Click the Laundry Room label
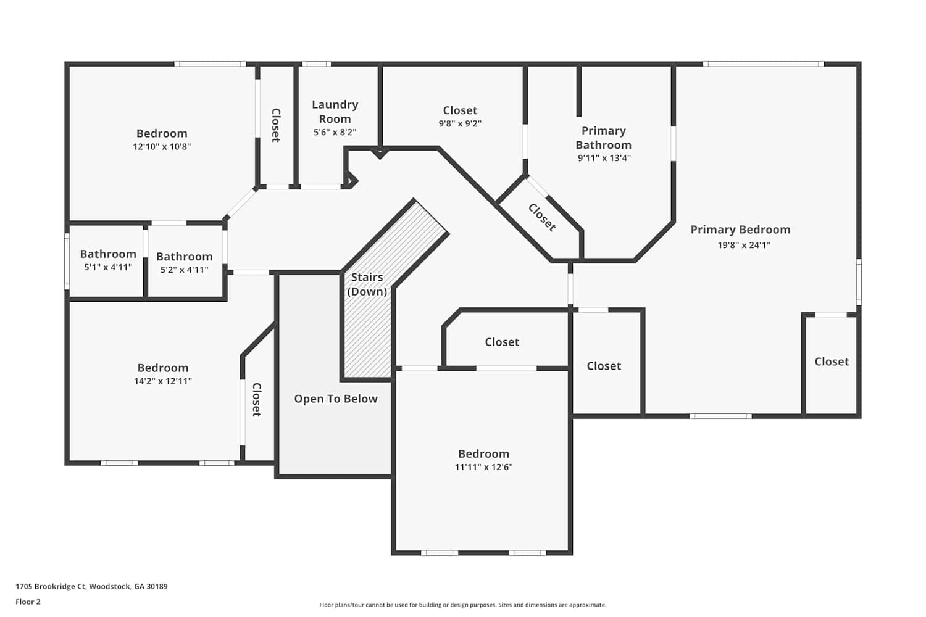[x=335, y=112]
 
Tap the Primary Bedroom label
[x=740, y=230]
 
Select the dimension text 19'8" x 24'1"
[x=744, y=245]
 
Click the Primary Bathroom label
[x=604, y=138]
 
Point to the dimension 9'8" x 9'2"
[x=460, y=123]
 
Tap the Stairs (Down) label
[x=367, y=284]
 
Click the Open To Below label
[x=336, y=399]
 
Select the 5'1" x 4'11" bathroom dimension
[x=108, y=267]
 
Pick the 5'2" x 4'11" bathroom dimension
[x=185, y=270]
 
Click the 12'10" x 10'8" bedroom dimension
[x=162, y=146]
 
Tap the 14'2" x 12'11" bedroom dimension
[x=163, y=381]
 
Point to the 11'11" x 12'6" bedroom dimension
[x=483, y=466]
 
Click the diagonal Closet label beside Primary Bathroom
[x=542, y=217]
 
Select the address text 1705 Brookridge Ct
[x=51, y=586]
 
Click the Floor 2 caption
[x=28, y=602]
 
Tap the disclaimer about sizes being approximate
[x=462, y=605]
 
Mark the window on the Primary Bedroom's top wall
[x=763, y=64]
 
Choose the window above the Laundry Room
[x=316, y=64]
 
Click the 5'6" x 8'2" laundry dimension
[x=335, y=132]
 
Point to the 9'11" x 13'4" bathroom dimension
[x=604, y=158]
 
